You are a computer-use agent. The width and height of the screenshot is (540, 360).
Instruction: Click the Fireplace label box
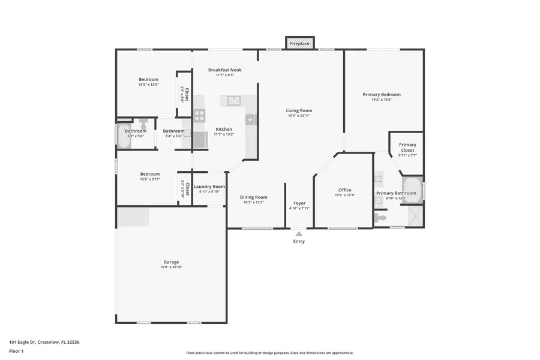coord(299,44)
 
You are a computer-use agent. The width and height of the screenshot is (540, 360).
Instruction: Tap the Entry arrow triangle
coord(299,233)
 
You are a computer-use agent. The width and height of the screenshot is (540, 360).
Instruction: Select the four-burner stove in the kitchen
coord(200,115)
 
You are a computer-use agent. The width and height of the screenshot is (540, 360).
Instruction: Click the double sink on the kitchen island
coord(230,100)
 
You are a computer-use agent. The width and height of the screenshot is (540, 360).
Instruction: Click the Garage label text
coord(171,262)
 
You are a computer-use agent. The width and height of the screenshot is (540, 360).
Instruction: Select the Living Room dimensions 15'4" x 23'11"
coord(299,116)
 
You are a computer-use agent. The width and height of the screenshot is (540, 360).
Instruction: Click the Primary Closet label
coord(407,148)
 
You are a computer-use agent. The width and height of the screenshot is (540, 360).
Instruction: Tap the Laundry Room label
coord(209,187)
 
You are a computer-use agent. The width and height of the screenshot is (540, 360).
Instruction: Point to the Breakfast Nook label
coord(225,70)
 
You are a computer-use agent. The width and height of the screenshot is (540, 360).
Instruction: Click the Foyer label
coord(299,203)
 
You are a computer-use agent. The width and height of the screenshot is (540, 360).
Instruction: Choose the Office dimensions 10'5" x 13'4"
coord(344,195)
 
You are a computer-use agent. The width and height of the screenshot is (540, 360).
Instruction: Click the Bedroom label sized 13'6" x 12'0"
coord(148,79)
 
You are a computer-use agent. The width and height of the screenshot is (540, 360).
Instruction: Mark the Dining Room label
coord(253,197)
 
